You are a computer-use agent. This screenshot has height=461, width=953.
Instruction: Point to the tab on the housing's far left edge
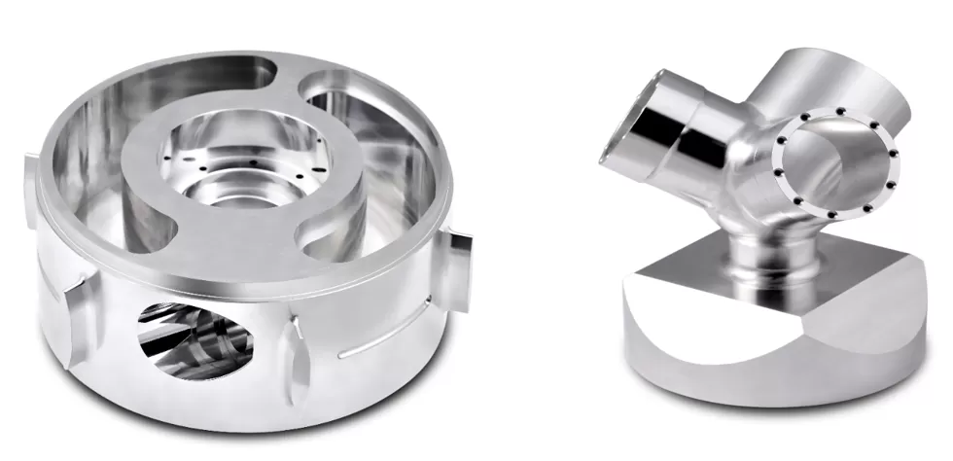click(x=26, y=180)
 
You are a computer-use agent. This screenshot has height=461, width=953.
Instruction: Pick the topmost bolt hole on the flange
click(x=838, y=112)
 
